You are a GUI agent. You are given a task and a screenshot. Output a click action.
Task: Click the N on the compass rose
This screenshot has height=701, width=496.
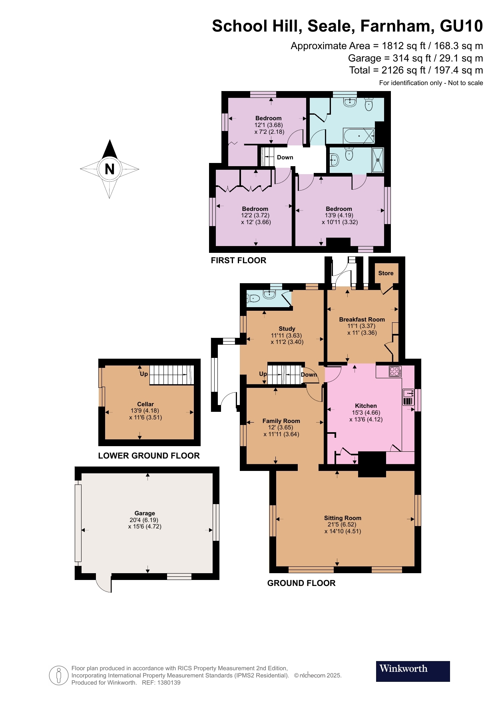110,169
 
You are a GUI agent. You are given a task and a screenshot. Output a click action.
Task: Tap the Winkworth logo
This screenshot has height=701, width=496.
412,671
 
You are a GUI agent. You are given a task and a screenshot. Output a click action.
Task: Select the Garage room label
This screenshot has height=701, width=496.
145,513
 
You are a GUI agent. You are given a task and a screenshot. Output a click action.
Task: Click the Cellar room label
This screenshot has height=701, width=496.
145,404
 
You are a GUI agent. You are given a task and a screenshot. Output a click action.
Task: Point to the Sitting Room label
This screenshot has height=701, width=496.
343,518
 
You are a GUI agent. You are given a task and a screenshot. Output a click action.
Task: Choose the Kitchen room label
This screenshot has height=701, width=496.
366,406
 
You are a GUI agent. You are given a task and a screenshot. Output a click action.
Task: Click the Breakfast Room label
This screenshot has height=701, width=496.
362,320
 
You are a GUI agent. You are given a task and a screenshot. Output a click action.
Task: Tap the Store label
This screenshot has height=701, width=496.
386,273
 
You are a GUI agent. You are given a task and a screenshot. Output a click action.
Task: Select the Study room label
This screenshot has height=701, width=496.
287,329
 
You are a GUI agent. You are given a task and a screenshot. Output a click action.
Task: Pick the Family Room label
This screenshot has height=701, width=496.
281,421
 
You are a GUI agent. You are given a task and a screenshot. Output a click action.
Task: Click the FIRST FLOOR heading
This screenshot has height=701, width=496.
239,260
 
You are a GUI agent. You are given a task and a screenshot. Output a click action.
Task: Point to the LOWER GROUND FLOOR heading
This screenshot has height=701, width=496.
149,456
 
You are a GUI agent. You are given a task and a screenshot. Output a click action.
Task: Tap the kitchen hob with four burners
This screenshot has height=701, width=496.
395,371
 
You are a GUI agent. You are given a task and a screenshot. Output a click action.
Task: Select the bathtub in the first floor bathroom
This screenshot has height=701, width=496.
359,136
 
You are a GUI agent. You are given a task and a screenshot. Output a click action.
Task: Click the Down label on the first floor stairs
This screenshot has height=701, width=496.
285,157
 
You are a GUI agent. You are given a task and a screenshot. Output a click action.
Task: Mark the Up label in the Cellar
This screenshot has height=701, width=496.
143,374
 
